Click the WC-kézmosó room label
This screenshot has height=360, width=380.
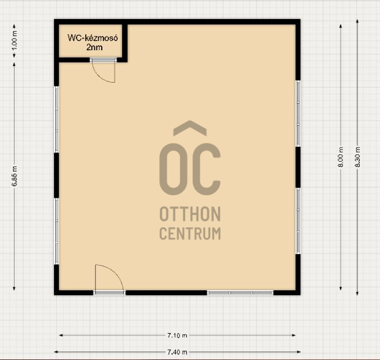click(x=93, y=38)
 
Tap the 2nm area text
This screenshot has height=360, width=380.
click(x=94, y=47)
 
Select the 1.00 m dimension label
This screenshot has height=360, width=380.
click(x=15, y=40)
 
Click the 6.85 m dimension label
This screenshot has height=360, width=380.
click(x=15, y=176)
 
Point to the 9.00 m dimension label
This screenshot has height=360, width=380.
click(x=341, y=157)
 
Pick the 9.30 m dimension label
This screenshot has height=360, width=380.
click(x=357, y=157)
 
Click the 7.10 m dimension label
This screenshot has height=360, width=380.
click(x=177, y=336)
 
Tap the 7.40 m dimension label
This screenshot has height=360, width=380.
click(x=177, y=352)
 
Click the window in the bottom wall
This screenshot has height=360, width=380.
click(x=240, y=293)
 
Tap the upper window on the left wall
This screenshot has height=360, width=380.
click(x=56, y=119)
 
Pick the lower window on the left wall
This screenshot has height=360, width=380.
click(x=56, y=231)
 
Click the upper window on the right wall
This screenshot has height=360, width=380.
click(x=298, y=113)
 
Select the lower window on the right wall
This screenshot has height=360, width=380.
click(x=298, y=221)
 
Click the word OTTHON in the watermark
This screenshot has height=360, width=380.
click(x=190, y=214)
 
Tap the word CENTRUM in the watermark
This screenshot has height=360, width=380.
click(x=190, y=233)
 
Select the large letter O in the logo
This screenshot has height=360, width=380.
click(x=161, y=169)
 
